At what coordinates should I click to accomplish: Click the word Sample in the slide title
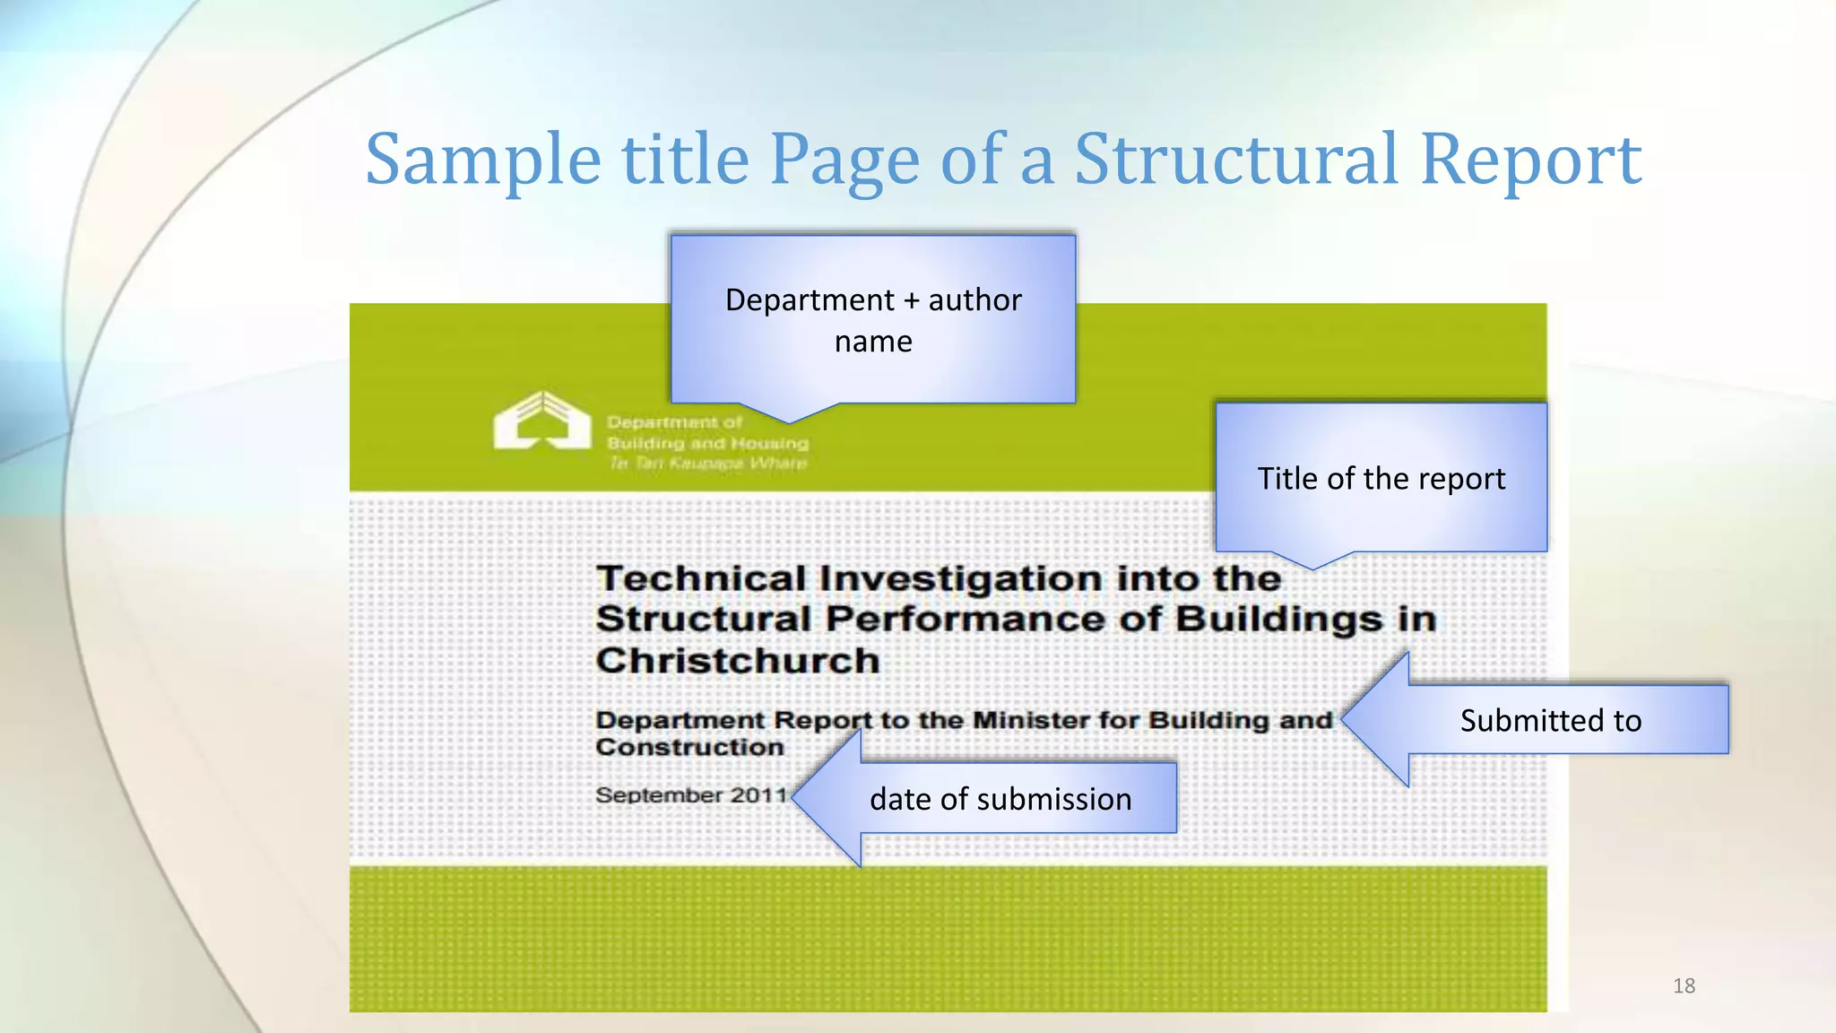coord(482,160)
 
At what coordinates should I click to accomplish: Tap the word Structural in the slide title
coord(1235,160)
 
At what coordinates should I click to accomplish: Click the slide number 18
coord(1684,986)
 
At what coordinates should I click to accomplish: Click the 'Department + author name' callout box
coord(873,319)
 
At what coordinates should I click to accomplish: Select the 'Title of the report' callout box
coord(1381,478)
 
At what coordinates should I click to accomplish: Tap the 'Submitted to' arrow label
coord(1550,720)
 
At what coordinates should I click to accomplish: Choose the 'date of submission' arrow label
coord(1000,798)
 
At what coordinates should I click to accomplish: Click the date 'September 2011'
coord(691,794)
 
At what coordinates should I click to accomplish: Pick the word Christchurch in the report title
coord(738,661)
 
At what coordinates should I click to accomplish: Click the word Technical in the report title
coord(701,578)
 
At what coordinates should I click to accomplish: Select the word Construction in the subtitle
coord(689,747)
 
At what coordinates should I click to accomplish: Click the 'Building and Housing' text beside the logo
coord(707,443)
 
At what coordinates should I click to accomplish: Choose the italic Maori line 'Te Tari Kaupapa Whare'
coord(707,463)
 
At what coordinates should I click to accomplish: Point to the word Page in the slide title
coord(844,160)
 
